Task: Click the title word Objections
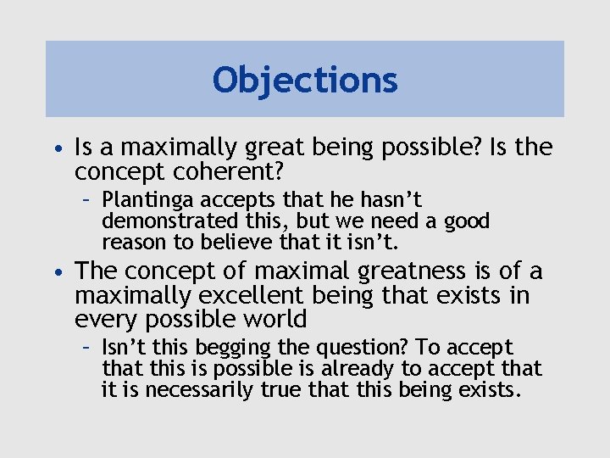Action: [305, 80]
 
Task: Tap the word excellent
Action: [248, 295]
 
